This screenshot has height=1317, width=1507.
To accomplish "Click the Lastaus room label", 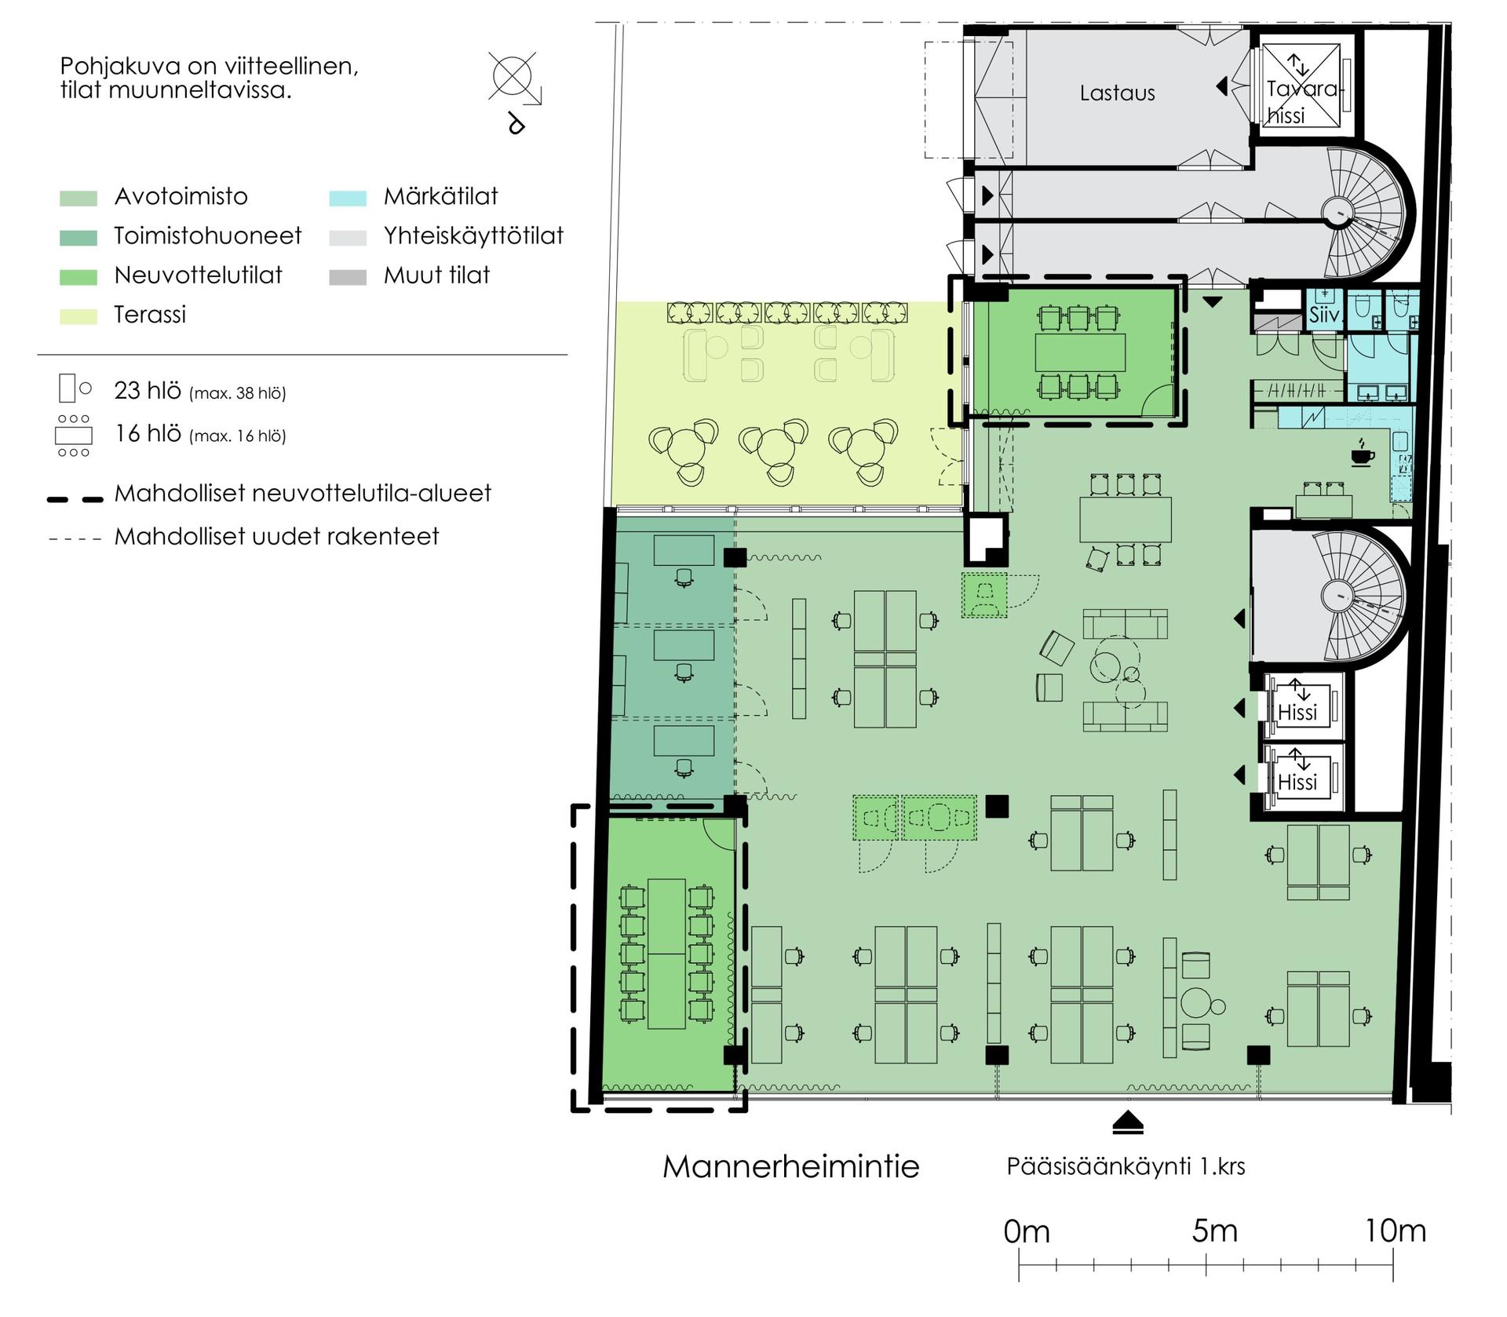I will tap(1117, 93).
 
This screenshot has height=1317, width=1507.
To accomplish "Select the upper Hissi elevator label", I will tap(1297, 713).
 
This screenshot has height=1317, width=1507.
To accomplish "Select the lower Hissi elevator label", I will tap(1297, 783).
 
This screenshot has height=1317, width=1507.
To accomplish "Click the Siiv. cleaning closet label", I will tap(1324, 316).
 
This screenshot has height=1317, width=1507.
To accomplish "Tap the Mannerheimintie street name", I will tap(790, 1166).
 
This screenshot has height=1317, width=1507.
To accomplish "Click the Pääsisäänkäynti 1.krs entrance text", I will tap(1126, 1166).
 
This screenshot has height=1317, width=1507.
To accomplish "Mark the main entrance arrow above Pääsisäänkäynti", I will tap(1128, 1123).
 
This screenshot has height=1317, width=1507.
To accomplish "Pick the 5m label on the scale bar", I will tap(1214, 1231).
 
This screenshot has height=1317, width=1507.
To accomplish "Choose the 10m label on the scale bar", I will tap(1395, 1231).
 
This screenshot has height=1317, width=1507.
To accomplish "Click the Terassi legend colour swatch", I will tap(78, 316).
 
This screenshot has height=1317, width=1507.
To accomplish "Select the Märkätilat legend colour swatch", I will tap(348, 198).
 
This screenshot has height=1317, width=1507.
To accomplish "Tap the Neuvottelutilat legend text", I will tap(198, 275).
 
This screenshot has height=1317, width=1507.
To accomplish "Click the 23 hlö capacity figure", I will tap(148, 390).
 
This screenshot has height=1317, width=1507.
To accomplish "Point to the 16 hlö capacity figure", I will tap(148, 433).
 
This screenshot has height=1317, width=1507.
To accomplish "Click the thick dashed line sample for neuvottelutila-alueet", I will tap(75, 498).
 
